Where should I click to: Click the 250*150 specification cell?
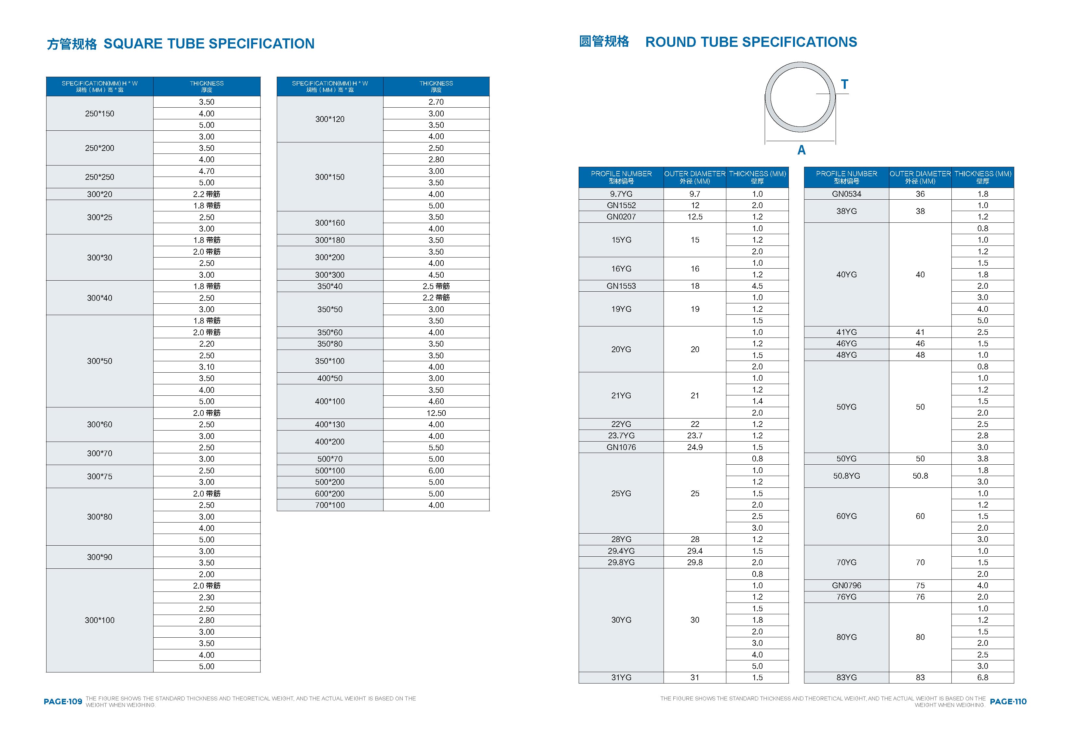pos(100,113)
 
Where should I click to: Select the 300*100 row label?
pos(100,620)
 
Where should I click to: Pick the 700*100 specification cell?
pos(330,505)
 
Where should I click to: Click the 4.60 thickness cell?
pos(436,401)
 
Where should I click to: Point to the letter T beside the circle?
pos(844,84)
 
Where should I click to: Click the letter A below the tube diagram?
pos(801,150)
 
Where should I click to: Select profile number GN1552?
pos(621,205)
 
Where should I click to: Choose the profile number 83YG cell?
pos(846,677)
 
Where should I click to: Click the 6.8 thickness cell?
pos(982,677)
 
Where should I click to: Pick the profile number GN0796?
pos(846,585)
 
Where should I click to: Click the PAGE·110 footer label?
pos(1008,701)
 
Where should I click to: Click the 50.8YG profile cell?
pos(846,476)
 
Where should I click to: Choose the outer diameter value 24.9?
pos(694,447)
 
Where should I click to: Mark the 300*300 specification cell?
pos(330,274)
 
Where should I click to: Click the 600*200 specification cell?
pos(330,494)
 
